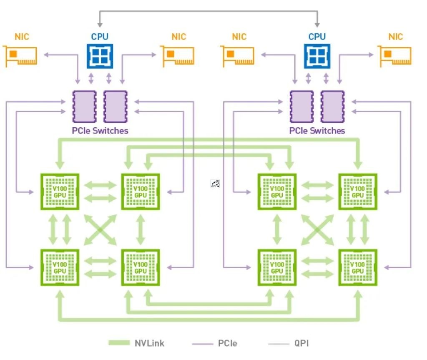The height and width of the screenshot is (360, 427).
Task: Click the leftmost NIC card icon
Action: click(x=20, y=56)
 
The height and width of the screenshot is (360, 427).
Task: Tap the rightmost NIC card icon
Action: click(x=395, y=56)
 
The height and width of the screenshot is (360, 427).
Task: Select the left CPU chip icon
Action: click(x=100, y=55)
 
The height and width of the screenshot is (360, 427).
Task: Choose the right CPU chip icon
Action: click(x=317, y=55)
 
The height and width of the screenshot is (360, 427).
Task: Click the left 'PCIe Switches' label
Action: click(x=100, y=131)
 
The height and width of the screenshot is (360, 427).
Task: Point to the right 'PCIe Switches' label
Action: click(x=317, y=131)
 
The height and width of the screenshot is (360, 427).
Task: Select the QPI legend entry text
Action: click(x=301, y=343)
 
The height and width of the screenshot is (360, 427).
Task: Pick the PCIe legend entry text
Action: click(x=228, y=343)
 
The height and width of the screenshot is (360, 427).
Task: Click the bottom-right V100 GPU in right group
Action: click(x=358, y=267)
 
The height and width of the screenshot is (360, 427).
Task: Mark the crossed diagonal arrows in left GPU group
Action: click(x=100, y=230)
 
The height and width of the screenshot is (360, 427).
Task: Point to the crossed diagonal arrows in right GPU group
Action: click(x=317, y=230)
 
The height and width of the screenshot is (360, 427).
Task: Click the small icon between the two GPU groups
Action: click(x=215, y=184)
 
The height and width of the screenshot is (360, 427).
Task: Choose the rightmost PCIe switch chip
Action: click(x=332, y=106)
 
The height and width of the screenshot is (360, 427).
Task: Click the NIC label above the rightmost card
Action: click(x=395, y=37)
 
